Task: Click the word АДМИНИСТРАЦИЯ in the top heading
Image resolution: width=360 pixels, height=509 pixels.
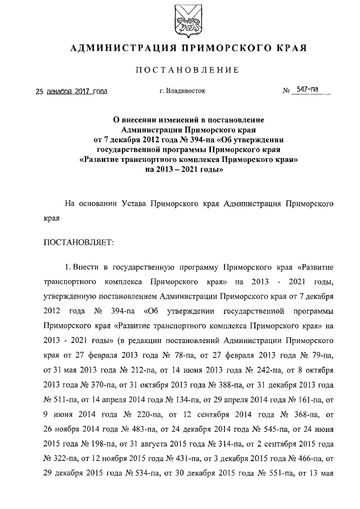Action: (121, 48)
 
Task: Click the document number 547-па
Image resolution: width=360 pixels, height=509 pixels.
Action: (308, 89)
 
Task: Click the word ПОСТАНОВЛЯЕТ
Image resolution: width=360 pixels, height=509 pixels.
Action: (79, 242)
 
